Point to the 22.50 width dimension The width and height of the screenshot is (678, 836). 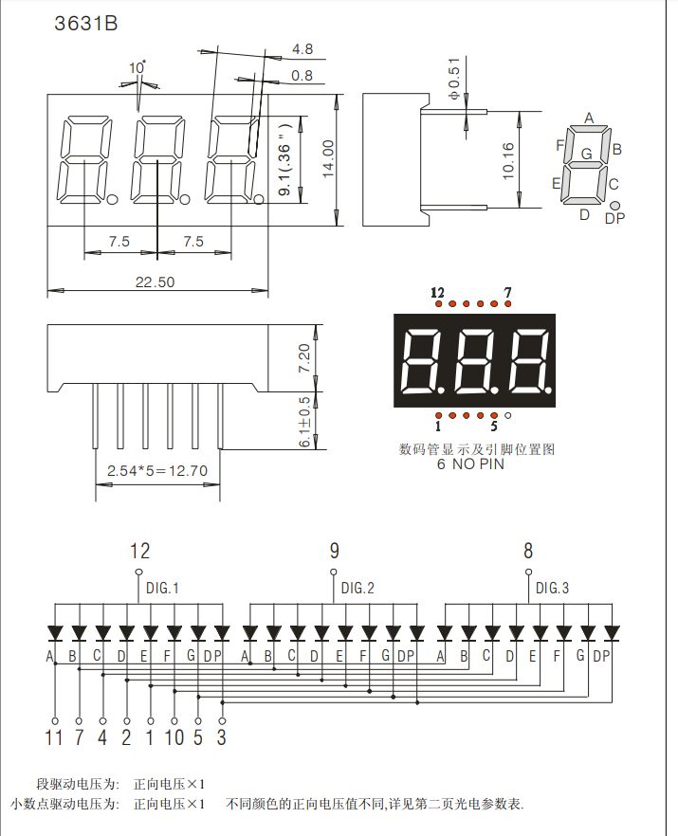(x=155, y=282)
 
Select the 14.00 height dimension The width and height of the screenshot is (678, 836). (x=328, y=158)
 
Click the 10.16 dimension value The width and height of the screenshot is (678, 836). (x=508, y=160)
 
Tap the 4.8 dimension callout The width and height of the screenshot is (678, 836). (x=302, y=48)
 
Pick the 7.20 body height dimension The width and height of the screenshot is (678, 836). (x=304, y=357)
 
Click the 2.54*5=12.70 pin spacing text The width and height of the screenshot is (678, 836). (x=157, y=470)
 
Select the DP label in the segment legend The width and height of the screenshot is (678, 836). (x=614, y=219)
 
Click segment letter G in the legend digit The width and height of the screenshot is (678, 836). (x=586, y=153)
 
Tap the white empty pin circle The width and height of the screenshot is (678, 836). (x=508, y=416)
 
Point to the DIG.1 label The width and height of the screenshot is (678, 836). (x=162, y=589)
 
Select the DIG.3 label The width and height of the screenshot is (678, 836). (x=552, y=589)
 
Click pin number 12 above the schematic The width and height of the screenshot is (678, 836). (x=139, y=551)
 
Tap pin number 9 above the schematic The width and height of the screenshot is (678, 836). (x=335, y=551)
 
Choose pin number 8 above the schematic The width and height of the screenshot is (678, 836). (x=528, y=551)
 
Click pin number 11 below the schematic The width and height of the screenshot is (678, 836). (x=54, y=737)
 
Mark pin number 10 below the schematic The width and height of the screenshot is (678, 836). (x=174, y=737)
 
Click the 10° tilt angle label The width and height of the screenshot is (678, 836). (x=137, y=67)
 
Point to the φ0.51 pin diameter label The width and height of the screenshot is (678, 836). (x=453, y=80)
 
